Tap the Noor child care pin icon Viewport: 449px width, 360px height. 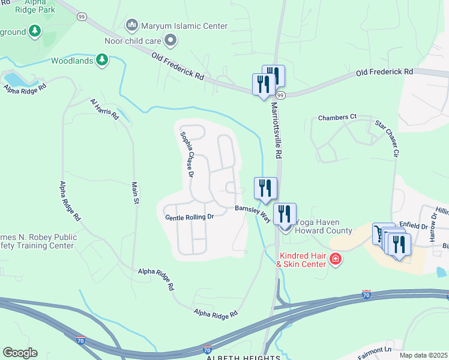pyautogui.click(x=171, y=41)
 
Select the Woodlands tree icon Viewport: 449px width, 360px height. pyautogui.click(x=103, y=60)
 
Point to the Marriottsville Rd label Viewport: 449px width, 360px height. pyautogui.click(x=277, y=129)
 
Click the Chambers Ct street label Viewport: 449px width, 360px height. pyautogui.click(x=337, y=117)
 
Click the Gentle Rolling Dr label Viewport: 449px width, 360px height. pyautogui.click(x=189, y=217)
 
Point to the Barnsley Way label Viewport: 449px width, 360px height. pyautogui.click(x=253, y=212)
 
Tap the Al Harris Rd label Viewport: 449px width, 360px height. pyautogui.click(x=105, y=107)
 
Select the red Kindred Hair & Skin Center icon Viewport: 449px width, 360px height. pyautogui.click(x=336, y=259)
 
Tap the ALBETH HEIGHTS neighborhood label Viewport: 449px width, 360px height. pyautogui.click(x=243, y=357)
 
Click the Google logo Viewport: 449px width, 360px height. pyautogui.click(x=20, y=353)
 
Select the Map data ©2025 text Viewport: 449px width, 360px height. pyautogui.click(x=423, y=355)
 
